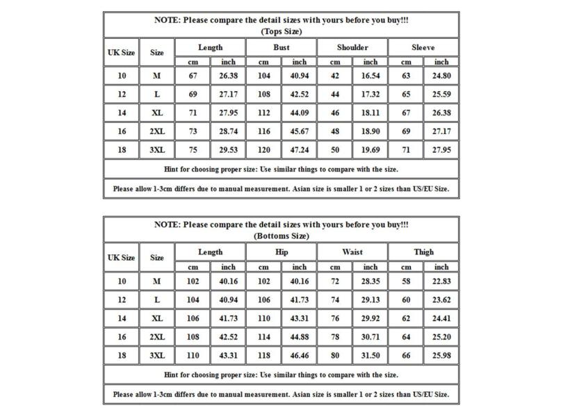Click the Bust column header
pos(281,47)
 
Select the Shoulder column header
pos(352,47)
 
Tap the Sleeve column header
pos(423,47)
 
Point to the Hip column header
pos(281,252)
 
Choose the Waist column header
pos(352,252)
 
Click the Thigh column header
pos(423,252)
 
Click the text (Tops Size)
pos(281,31)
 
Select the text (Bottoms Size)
pos(281,236)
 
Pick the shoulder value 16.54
pos(370,76)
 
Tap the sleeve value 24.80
pos(441,76)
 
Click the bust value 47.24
pos(300,149)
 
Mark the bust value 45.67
pos(300,131)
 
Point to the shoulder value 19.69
pos(370,149)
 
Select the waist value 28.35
pos(370,281)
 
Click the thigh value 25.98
pos(441,355)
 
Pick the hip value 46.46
pos(300,355)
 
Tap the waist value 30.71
pos(370,336)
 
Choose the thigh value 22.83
pos(441,281)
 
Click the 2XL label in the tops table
pos(157,131)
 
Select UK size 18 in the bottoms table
pos(122,355)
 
